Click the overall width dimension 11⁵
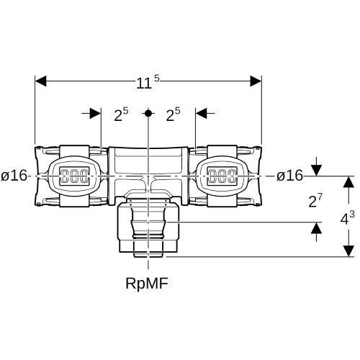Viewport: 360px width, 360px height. (x=148, y=82)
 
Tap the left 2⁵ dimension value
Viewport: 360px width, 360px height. (x=121, y=114)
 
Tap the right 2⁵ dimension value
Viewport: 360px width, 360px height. (x=173, y=114)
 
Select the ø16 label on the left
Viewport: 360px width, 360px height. (x=14, y=176)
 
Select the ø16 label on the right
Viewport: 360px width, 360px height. (x=289, y=176)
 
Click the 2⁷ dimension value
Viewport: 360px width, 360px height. (x=315, y=201)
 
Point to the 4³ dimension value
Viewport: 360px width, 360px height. (x=347, y=218)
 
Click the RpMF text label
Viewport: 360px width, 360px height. (x=147, y=284)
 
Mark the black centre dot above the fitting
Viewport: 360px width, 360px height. (x=148, y=113)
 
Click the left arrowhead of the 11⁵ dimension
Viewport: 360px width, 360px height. (x=40, y=81)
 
